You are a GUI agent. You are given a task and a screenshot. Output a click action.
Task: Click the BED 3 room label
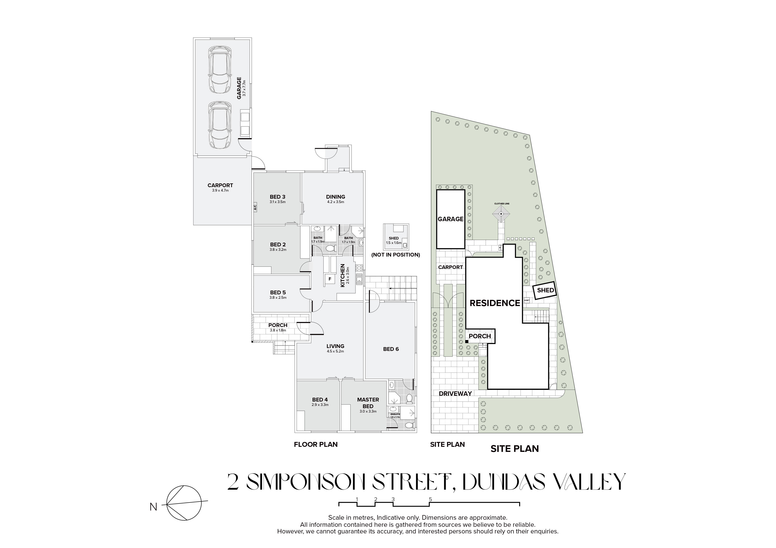[x=277, y=197]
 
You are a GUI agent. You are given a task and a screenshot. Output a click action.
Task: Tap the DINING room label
[x=336, y=197]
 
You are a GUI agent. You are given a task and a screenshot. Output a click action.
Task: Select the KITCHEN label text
[x=343, y=276]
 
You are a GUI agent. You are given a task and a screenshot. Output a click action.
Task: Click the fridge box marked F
[x=330, y=279]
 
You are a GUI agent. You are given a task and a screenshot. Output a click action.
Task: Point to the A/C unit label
[x=255, y=207]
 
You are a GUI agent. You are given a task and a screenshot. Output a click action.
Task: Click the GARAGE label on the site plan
[x=451, y=219]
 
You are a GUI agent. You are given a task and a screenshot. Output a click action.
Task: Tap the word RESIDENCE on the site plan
[x=495, y=303]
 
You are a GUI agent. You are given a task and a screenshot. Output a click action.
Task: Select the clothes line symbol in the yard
[x=501, y=214]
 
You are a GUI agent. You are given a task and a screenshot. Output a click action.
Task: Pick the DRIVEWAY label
[x=455, y=393]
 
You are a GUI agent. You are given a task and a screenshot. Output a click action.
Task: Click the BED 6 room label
[x=391, y=349]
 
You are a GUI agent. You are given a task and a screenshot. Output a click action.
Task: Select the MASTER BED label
[x=368, y=403]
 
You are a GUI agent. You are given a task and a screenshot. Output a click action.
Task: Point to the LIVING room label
[x=335, y=346]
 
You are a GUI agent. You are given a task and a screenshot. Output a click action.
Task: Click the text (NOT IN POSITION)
[x=396, y=255]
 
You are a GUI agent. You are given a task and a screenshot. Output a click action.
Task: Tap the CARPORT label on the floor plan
[x=220, y=185]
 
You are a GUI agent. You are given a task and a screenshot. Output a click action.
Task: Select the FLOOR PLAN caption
[x=316, y=445]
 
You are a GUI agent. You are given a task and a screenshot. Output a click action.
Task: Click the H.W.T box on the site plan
[x=526, y=300]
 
